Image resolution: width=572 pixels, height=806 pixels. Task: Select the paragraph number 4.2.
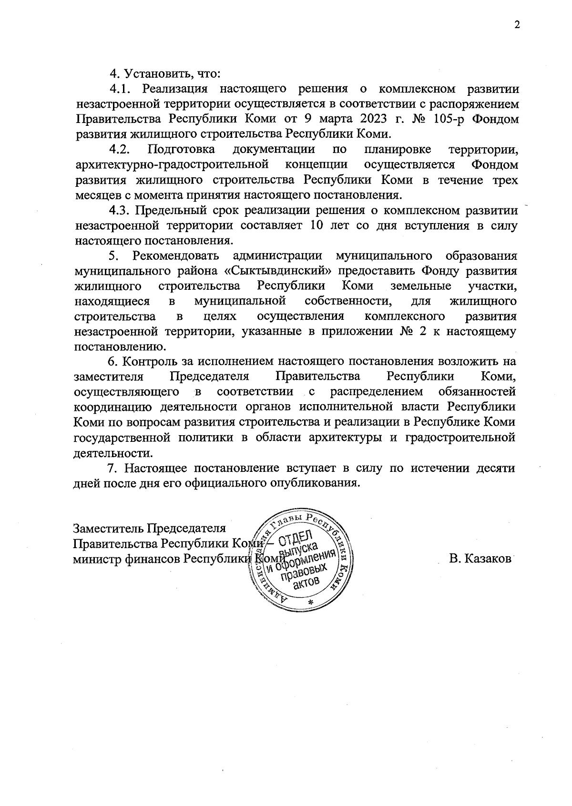tap(120, 149)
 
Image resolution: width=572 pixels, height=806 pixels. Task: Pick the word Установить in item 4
tap(156, 74)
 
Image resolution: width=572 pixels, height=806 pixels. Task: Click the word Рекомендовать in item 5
tap(176, 255)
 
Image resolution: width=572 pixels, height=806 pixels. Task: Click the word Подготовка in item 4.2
tap(181, 150)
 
